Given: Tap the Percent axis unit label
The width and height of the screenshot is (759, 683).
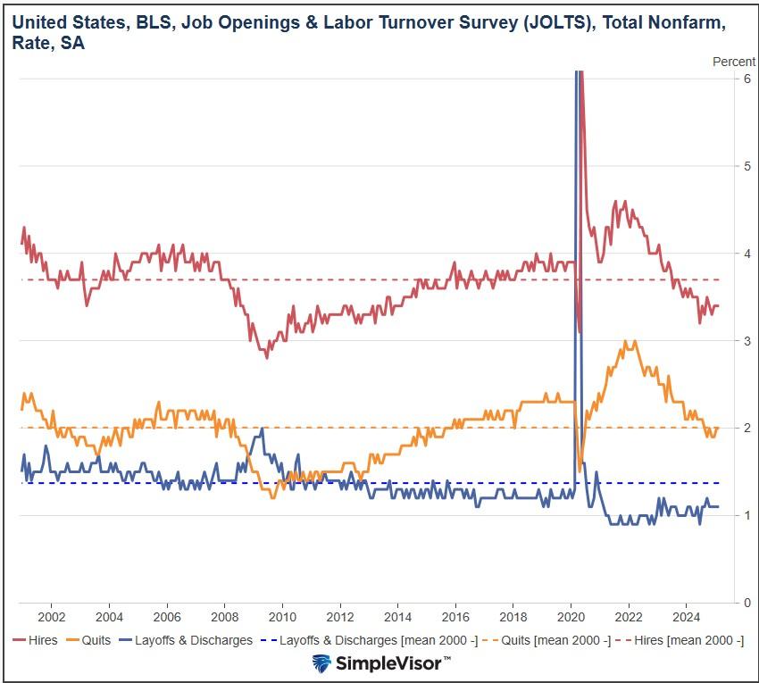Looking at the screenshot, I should pyautogui.click(x=733, y=61).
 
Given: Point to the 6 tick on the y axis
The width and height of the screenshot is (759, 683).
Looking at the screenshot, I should pyautogui.click(x=746, y=79).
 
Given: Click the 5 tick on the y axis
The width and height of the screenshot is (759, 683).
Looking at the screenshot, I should pyautogui.click(x=746, y=166).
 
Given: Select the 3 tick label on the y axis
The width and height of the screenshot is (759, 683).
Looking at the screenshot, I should pyautogui.click(x=746, y=341).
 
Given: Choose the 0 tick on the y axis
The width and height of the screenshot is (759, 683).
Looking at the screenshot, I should pyautogui.click(x=746, y=603).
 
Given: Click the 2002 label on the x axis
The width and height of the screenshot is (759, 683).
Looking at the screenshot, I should pyautogui.click(x=51, y=617).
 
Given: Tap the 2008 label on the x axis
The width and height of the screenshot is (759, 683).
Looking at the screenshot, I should pyautogui.click(x=224, y=617).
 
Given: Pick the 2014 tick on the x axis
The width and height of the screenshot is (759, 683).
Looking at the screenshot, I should pyautogui.click(x=397, y=617).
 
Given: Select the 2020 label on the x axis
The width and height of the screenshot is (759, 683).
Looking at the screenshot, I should pyautogui.click(x=571, y=617).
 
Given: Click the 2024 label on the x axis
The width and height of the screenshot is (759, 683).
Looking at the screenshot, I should pyautogui.click(x=686, y=617).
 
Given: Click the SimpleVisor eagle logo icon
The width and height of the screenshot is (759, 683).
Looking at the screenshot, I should pyautogui.click(x=322, y=663).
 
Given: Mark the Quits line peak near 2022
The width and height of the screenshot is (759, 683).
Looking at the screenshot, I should pyautogui.click(x=629, y=342).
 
